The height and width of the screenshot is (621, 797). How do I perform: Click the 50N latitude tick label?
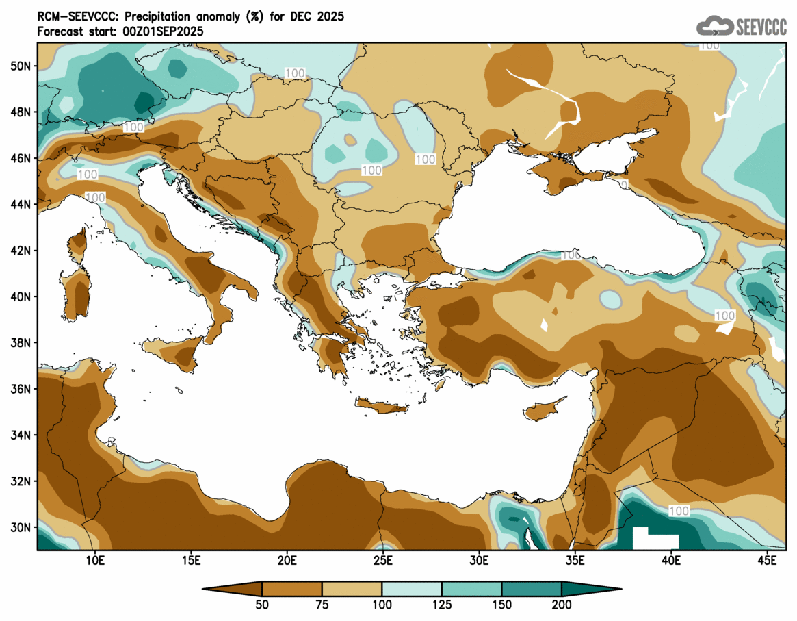click(x=21, y=66)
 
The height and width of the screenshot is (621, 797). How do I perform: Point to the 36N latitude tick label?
click(x=21, y=389)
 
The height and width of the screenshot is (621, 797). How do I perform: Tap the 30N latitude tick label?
click(x=21, y=527)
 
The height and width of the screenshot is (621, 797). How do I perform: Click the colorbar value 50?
click(x=262, y=605)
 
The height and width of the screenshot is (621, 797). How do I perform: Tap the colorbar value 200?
click(x=562, y=605)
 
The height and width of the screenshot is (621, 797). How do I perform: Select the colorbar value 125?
click(x=442, y=605)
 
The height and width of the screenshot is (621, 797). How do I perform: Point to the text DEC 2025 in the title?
click(x=320, y=16)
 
